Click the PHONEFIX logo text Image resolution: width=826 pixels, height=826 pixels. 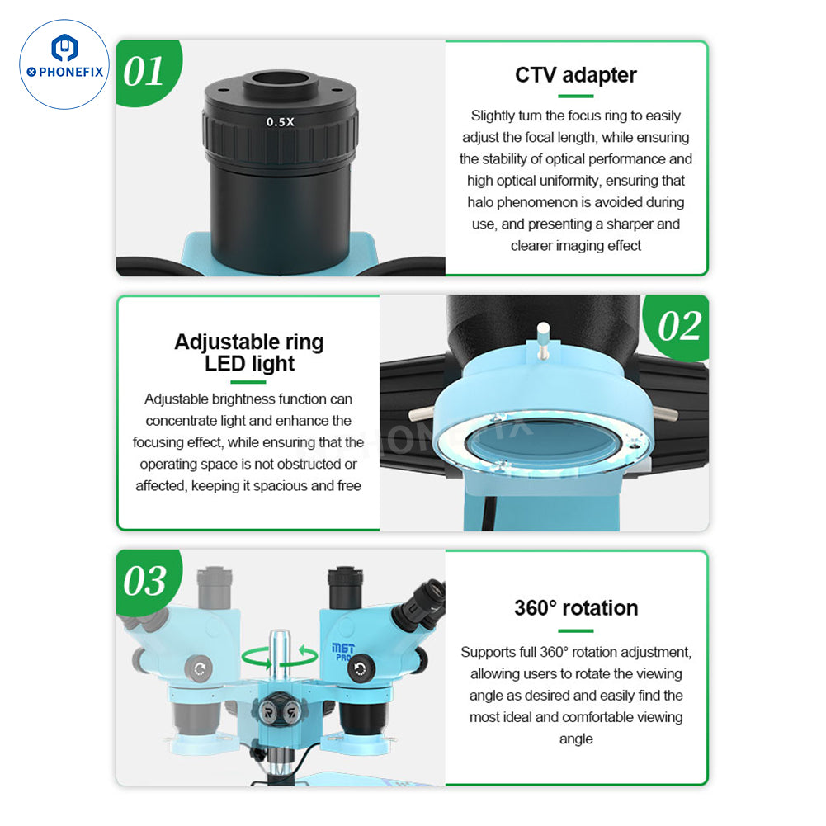click(x=65, y=72)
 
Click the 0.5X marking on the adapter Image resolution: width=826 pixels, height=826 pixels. click(x=281, y=121)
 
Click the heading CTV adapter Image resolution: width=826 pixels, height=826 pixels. click(x=576, y=75)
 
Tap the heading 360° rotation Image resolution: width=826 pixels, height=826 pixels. click(x=576, y=608)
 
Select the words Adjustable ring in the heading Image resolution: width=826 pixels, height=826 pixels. click(x=249, y=342)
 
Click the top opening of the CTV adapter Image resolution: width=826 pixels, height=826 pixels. click(x=281, y=79)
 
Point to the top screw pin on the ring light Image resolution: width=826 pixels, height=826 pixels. click(x=543, y=340)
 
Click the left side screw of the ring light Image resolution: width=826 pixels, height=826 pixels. click(x=422, y=413)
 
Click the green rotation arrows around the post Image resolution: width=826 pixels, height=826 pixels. click(x=280, y=656)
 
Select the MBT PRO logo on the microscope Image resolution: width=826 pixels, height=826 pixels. click(x=342, y=652)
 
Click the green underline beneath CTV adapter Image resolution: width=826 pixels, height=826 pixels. click(x=576, y=97)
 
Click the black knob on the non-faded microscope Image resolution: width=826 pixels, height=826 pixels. click(x=361, y=669)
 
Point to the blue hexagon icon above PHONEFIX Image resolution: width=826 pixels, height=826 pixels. click(x=65, y=48)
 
